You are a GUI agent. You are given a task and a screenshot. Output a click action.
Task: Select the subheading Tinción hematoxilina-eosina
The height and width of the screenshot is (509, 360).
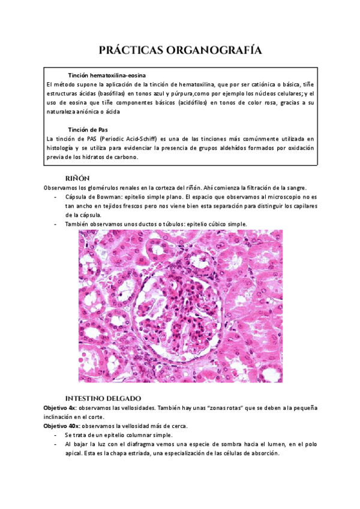(x=106, y=75)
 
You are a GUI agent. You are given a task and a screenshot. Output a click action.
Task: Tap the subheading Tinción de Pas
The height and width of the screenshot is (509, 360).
(x=88, y=129)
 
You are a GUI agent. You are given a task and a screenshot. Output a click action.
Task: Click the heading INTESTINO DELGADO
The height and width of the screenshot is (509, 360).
(x=103, y=398)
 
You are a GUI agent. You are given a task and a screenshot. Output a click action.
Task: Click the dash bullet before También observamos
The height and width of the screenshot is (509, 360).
(x=56, y=224)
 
